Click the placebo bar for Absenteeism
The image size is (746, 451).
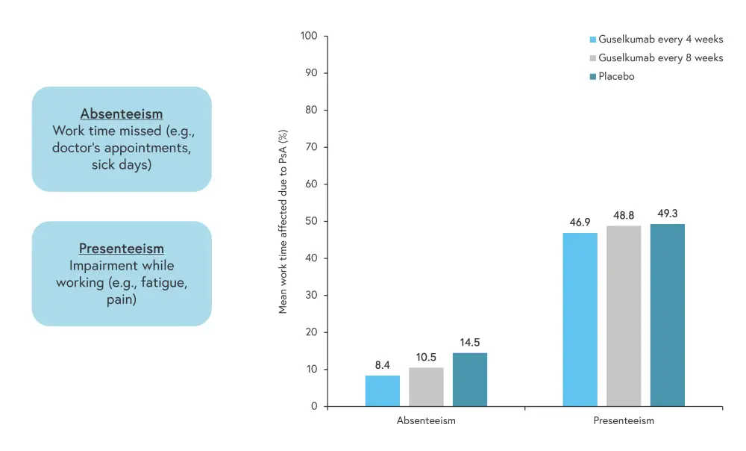pyautogui.click(x=470, y=379)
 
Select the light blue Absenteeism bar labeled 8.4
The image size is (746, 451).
pyautogui.click(x=382, y=391)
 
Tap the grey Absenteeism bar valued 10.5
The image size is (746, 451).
pyautogui.click(x=426, y=387)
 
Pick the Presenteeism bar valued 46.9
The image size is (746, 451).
pyautogui.click(x=580, y=320)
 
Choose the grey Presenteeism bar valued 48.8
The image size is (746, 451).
pyautogui.click(x=624, y=316)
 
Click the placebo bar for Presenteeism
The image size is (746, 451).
pyautogui.click(x=667, y=315)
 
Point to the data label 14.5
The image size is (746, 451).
pyautogui.click(x=470, y=343)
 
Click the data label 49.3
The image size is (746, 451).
pyautogui.click(x=667, y=214)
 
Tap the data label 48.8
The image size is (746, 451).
pyautogui.click(x=624, y=215)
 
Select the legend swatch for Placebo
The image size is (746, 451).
pyautogui.click(x=592, y=76)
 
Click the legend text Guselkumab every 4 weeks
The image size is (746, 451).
pyautogui.click(x=660, y=40)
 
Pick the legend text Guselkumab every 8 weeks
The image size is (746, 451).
pyautogui.click(x=660, y=57)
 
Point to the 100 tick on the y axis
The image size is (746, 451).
pyautogui.click(x=309, y=36)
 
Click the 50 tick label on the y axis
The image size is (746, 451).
pyautogui.click(x=311, y=221)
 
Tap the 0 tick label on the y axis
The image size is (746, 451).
pyautogui.click(x=314, y=406)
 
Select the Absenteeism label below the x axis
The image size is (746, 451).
pyautogui.click(x=426, y=420)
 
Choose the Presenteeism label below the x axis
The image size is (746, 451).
pyautogui.click(x=624, y=420)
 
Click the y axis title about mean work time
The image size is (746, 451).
pyautogui.click(x=283, y=221)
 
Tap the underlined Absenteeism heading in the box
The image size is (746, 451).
pyautogui.click(x=121, y=114)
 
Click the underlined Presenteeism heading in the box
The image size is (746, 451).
pyautogui.click(x=121, y=249)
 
